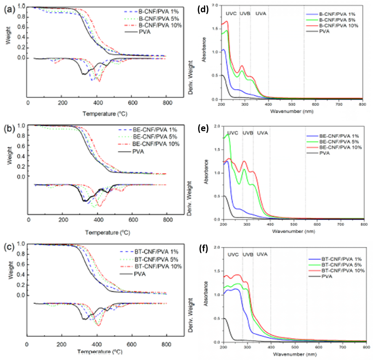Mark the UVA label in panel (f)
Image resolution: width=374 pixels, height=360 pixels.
click(x=262, y=254)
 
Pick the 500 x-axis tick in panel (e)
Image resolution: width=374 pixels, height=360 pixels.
click(x=293, y=225)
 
